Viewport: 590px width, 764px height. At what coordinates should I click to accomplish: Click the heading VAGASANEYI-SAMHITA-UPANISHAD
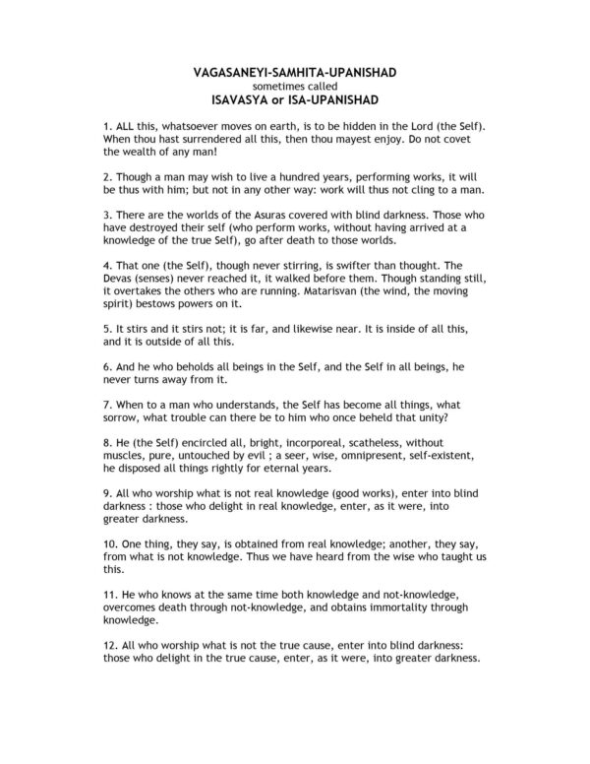(x=294, y=73)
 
